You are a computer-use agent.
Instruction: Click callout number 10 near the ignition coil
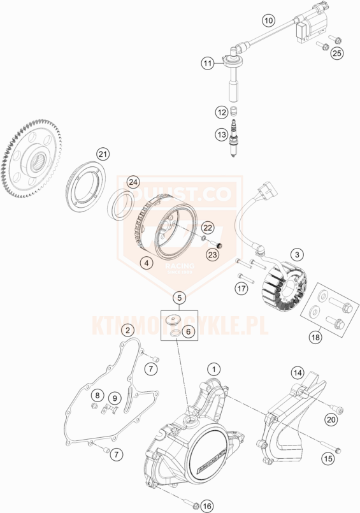(268, 20)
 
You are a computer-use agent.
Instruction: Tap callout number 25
(336, 52)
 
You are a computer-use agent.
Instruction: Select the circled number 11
(208, 63)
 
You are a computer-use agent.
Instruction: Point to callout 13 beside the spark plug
(221, 134)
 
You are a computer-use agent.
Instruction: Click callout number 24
(133, 182)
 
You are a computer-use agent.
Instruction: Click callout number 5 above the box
(180, 297)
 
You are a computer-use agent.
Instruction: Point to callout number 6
(188, 331)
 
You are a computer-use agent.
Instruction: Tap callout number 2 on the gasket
(128, 329)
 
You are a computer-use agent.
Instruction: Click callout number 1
(215, 368)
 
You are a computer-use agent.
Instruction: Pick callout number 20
(331, 419)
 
